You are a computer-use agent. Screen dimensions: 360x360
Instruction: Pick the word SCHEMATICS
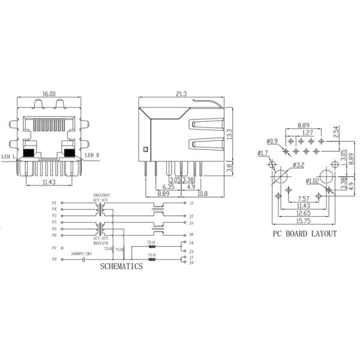coord(122,266)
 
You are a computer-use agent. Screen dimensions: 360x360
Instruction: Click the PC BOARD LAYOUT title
coord(305,234)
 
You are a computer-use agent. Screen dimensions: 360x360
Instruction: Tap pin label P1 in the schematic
coord(55,203)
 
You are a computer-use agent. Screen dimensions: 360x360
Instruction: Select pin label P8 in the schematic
coord(55,259)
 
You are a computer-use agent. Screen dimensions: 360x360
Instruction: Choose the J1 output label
coord(191,203)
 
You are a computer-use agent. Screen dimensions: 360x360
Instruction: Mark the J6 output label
coord(191,234)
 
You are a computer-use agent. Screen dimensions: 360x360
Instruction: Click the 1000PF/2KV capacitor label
coord(83,254)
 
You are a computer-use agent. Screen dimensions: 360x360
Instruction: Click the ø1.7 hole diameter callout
coord(263,154)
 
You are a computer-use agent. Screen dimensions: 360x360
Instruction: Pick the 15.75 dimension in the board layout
coord(305,220)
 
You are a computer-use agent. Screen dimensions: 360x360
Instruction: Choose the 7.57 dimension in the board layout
coord(303,198)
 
